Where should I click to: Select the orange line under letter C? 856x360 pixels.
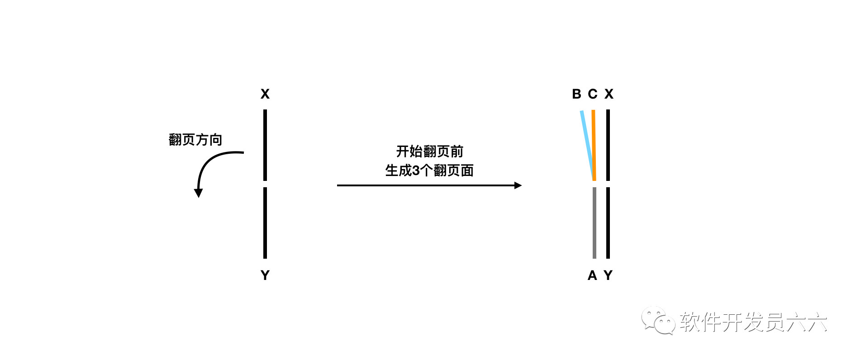(x=594, y=145)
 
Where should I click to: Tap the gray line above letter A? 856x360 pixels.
(x=594, y=223)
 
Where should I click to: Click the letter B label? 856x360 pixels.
(x=576, y=94)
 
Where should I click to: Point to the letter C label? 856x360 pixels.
(x=593, y=94)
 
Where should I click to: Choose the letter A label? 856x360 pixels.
(x=592, y=275)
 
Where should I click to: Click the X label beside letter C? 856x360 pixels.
(x=609, y=94)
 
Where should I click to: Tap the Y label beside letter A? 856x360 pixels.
(x=608, y=275)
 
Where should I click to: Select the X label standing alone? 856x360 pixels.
(x=265, y=94)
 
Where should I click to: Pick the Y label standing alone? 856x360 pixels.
(x=265, y=275)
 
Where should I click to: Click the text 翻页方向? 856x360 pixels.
(x=195, y=140)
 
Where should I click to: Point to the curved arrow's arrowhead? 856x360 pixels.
(x=198, y=193)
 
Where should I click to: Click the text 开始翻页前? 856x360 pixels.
(x=429, y=152)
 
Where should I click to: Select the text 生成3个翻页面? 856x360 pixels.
(x=429, y=171)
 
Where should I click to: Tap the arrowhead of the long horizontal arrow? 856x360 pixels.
(x=518, y=185)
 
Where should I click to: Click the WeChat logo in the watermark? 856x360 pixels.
(x=658, y=321)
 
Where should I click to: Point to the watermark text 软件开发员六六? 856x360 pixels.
(x=753, y=322)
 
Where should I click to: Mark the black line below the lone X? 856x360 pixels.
(x=265, y=145)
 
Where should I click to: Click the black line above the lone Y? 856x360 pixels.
(x=265, y=223)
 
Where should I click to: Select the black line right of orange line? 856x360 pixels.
(x=608, y=145)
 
